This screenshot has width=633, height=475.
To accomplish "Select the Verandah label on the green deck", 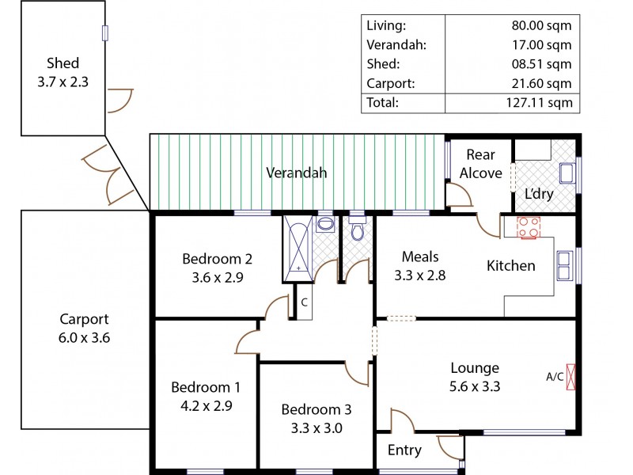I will pyautogui.click(x=296, y=173).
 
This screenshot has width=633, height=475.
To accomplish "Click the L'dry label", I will pyautogui.click(x=539, y=194).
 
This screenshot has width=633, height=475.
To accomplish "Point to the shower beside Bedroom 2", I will pyautogui.click(x=298, y=248).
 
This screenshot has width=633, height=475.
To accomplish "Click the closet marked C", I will pyautogui.click(x=303, y=302).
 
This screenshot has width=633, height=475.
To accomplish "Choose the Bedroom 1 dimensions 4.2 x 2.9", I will pyautogui.click(x=205, y=404).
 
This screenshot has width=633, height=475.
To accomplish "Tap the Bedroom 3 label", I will pyautogui.click(x=316, y=409).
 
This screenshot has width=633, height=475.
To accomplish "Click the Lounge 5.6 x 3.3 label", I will pyautogui.click(x=475, y=377).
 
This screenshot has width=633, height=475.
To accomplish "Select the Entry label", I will pyautogui.click(x=404, y=450).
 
